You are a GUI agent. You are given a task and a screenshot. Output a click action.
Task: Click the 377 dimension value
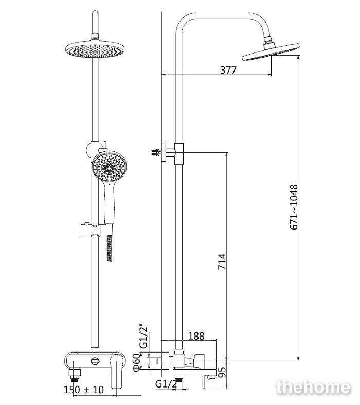228,70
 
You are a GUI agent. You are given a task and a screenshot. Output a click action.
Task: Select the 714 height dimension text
222,261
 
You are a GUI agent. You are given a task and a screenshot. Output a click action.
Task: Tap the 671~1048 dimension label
294,207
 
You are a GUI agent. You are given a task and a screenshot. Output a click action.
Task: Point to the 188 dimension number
196,336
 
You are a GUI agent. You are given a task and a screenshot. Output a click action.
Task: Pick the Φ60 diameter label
137,362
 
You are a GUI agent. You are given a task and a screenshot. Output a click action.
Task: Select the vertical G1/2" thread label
143,336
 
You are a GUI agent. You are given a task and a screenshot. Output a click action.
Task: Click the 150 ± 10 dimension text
84,390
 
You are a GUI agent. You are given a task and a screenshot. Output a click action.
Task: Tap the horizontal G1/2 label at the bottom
166,384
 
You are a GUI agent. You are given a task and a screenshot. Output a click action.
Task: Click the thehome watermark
313,388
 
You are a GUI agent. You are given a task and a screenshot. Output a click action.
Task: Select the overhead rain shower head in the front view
95,48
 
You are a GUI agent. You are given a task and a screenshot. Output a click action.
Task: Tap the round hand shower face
109,168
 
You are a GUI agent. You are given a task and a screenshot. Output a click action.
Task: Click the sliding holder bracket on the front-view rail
97,230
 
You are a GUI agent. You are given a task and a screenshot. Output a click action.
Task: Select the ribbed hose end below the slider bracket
110,249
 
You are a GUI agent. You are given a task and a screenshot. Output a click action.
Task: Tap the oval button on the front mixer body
95,361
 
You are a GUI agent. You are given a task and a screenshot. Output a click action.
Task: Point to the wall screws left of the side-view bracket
156,152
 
